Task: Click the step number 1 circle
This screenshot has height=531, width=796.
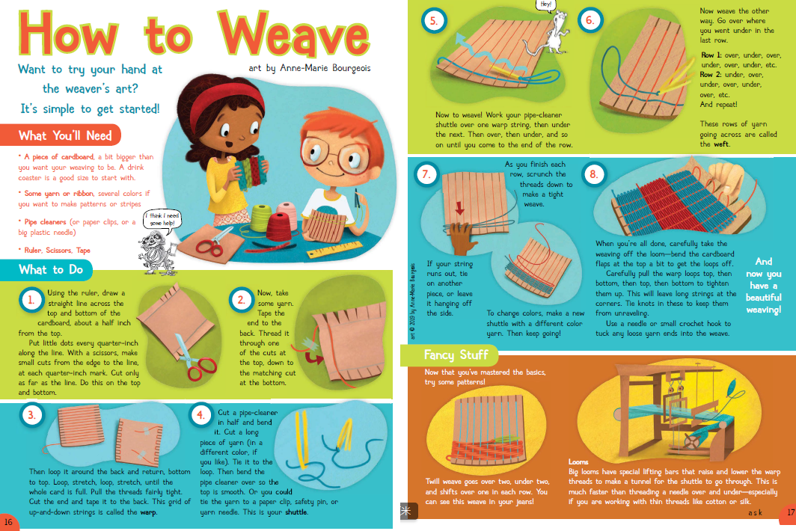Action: pos(31,299)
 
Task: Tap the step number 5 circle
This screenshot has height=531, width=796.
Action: pos(434,21)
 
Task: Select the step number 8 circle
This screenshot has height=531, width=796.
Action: pos(593,175)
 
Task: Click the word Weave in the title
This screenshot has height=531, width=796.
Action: pos(294,34)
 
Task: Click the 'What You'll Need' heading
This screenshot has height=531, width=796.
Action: pos(65,135)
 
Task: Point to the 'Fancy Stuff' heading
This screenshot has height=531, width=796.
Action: pos(456,354)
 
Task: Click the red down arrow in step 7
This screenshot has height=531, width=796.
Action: pos(459,208)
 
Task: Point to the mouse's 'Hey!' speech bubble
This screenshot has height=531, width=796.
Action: pos(545,5)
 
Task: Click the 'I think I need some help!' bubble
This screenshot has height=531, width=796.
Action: pos(162,219)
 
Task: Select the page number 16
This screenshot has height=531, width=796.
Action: pos(8,522)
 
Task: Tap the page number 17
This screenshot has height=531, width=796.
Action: pos(790,512)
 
